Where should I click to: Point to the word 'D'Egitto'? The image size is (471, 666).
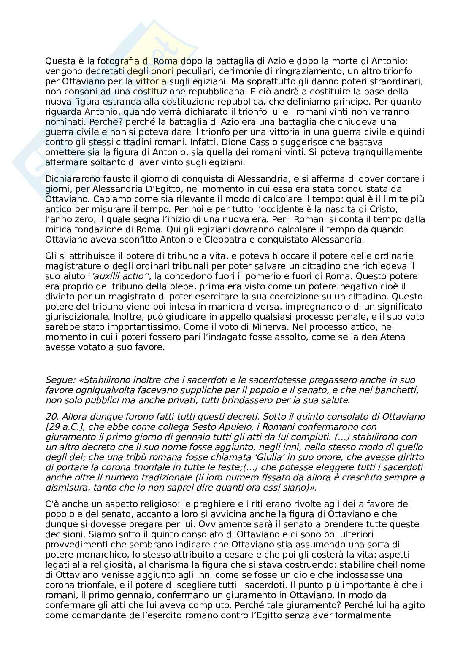click(198, 189)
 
